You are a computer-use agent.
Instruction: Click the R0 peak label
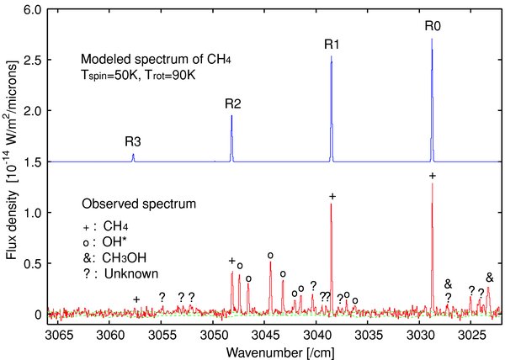coord(433,26)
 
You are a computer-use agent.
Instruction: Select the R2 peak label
coord(233,104)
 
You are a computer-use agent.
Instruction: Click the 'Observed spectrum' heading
coord(139,204)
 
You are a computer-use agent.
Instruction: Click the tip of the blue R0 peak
coord(433,39)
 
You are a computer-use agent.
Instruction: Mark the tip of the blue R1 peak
coord(332,57)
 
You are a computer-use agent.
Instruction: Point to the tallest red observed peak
coord(433,184)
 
